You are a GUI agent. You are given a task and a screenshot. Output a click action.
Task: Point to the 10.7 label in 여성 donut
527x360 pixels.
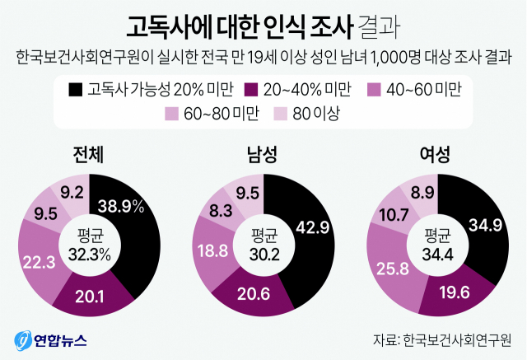point(391,217)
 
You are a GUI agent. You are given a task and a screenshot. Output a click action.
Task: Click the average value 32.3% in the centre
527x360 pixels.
point(88,255)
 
